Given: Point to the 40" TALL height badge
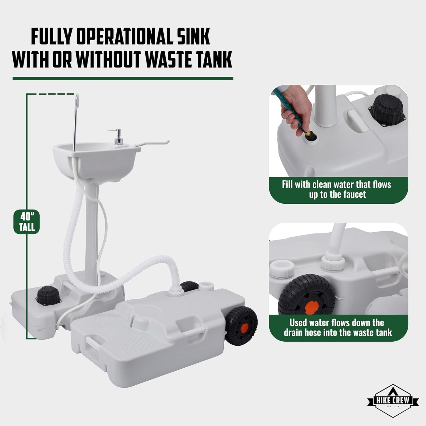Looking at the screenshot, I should point(27,222).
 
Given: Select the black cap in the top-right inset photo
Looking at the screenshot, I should point(387,108).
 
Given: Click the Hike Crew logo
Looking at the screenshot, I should point(393,401).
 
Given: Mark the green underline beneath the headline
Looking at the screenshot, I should point(123,78).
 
